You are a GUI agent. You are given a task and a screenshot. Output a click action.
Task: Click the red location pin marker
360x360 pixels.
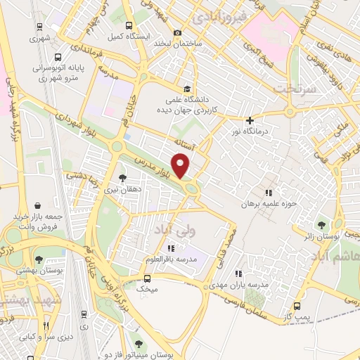pyautogui.click(x=181, y=166)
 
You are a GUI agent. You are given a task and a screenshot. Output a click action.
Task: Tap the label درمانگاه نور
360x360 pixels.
pyautogui.click(x=250, y=131)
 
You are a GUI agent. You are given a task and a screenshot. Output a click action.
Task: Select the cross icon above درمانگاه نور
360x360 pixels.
pyautogui.click(x=250, y=120)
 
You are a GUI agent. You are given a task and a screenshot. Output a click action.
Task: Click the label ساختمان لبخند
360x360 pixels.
pyautogui.click(x=178, y=44)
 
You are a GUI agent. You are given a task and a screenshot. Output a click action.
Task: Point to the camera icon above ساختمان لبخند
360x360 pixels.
pyautogui.click(x=178, y=32)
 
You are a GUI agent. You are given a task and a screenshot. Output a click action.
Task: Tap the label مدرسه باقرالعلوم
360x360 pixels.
pyautogui.click(x=169, y=259)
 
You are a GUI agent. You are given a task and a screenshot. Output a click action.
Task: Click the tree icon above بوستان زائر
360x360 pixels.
pyautogui.click(x=321, y=226)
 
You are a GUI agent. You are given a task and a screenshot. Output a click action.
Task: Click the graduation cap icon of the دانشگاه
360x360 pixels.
pyautogui.click(x=186, y=89)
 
